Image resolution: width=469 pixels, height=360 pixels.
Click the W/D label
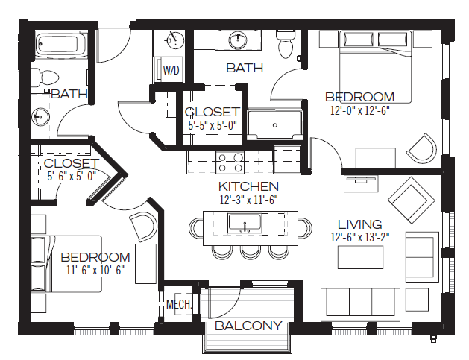(171, 70)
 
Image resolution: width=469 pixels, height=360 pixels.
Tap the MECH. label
(179, 304)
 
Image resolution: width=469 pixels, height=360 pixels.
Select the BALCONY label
(248, 326)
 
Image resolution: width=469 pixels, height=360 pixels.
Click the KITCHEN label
(248, 186)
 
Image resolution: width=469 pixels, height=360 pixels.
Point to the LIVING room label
(360, 224)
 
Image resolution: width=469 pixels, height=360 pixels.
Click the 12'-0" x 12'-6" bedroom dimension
(360, 110)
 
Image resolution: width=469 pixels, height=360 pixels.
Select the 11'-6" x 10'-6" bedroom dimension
(95, 270)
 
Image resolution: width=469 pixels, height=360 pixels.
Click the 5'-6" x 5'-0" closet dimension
(72, 176)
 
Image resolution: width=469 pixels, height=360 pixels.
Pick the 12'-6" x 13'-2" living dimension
(360, 238)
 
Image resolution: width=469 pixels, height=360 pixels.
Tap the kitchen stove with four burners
(230, 162)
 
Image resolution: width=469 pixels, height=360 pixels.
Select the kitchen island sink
(245, 224)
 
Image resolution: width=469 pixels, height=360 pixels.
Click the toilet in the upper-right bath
(286, 44)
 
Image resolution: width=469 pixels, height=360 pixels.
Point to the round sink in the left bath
(40, 116)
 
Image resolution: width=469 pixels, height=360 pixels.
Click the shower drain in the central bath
(275, 125)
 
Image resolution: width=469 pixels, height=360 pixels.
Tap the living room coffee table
(360, 257)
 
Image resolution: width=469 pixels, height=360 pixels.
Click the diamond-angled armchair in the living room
(411, 200)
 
